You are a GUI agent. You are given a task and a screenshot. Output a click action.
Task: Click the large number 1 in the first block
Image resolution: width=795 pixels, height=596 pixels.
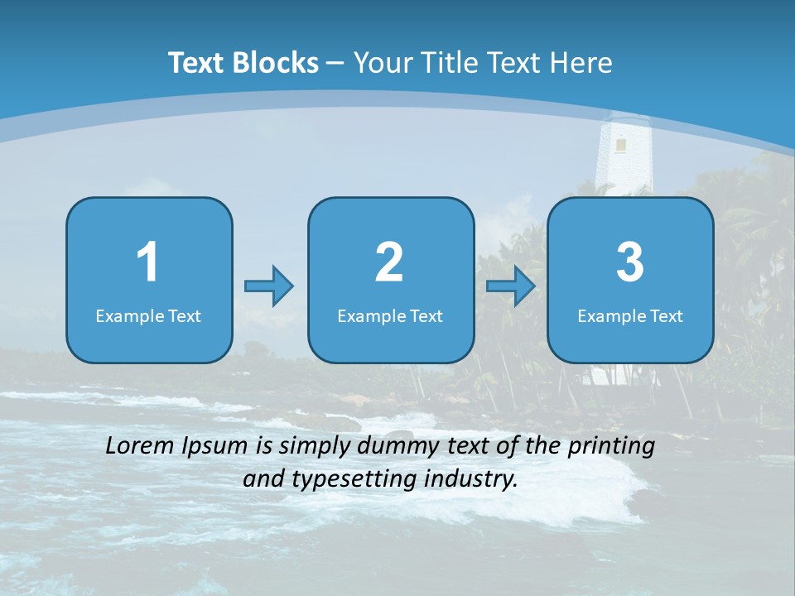pyautogui.click(x=147, y=262)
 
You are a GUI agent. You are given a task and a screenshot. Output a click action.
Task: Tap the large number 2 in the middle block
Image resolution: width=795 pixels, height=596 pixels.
pyautogui.click(x=389, y=262)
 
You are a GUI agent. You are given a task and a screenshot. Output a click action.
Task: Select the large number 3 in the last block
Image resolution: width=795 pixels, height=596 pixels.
pyautogui.click(x=630, y=262)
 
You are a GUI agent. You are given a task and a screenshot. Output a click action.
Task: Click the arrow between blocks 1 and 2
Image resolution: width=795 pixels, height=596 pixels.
pyautogui.click(x=269, y=286)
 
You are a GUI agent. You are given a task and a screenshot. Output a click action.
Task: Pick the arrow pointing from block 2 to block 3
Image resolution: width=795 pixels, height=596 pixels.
pyautogui.click(x=511, y=286)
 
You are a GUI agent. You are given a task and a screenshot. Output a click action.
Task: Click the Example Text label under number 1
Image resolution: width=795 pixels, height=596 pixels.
pyautogui.click(x=148, y=315)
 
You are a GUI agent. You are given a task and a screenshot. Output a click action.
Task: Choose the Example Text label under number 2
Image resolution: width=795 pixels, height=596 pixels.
pyautogui.click(x=390, y=315)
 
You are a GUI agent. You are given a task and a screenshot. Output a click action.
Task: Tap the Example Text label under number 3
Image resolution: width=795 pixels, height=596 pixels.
pyautogui.click(x=630, y=315)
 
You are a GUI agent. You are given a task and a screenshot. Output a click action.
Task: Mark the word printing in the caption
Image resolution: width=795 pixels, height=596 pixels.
pyautogui.click(x=612, y=447)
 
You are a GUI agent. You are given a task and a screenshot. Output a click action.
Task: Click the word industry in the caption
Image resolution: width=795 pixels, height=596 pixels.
pyautogui.click(x=477, y=478)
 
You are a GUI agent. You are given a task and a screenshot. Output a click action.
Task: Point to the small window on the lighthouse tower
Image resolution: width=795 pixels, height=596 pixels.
pyautogui.click(x=620, y=145)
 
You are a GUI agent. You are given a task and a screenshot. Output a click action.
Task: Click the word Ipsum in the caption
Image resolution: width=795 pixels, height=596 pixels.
pyautogui.click(x=214, y=447)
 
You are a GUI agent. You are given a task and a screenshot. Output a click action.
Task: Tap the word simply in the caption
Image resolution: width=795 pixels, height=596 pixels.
pyautogui.click(x=315, y=447)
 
